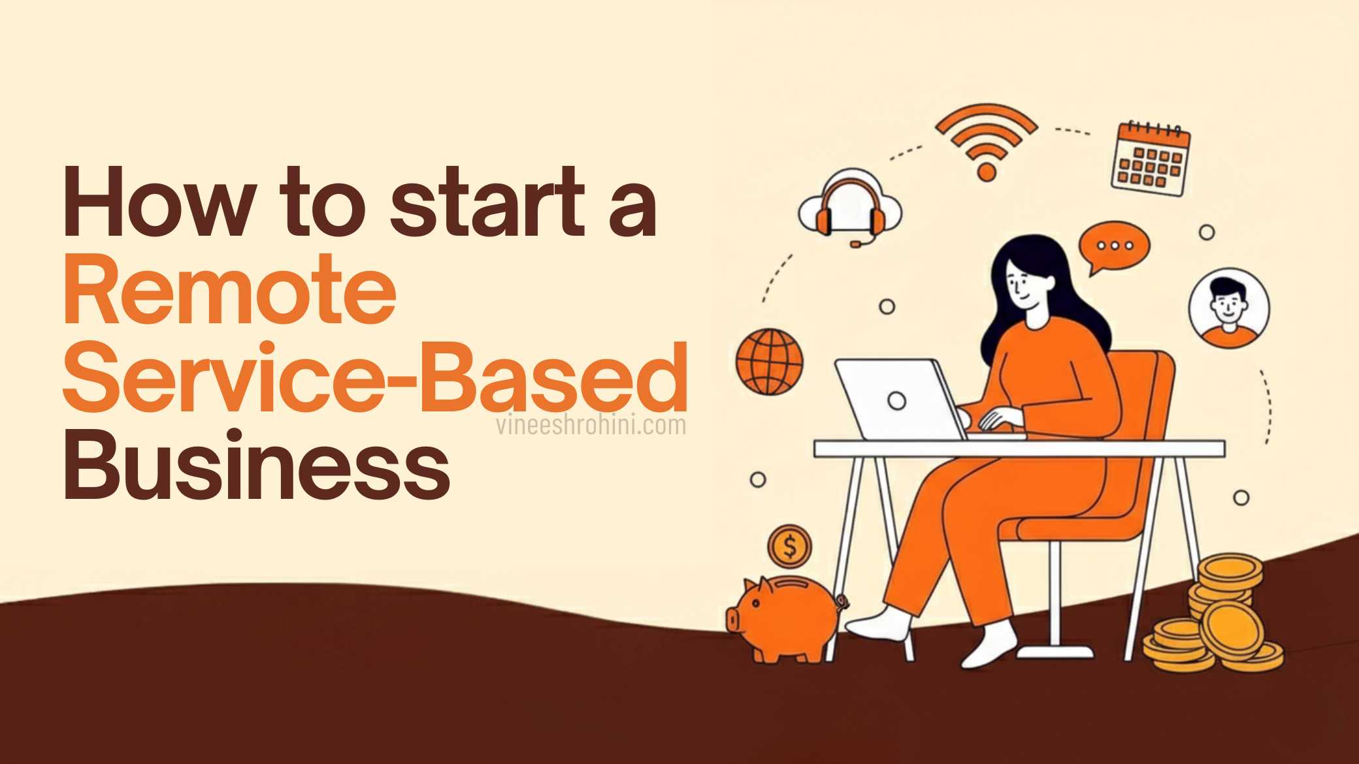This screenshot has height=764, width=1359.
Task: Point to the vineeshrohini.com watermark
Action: (591, 426)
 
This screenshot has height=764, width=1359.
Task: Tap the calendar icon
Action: (1151, 159)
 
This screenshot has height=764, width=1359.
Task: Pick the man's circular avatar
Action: (1228, 307)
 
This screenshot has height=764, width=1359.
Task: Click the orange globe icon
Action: (770, 361)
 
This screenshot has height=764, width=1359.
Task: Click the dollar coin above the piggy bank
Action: (789, 547)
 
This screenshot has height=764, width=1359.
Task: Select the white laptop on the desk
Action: (899, 399)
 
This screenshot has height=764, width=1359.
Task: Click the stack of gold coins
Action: (1215, 617)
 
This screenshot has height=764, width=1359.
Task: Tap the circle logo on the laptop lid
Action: (897, 400)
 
